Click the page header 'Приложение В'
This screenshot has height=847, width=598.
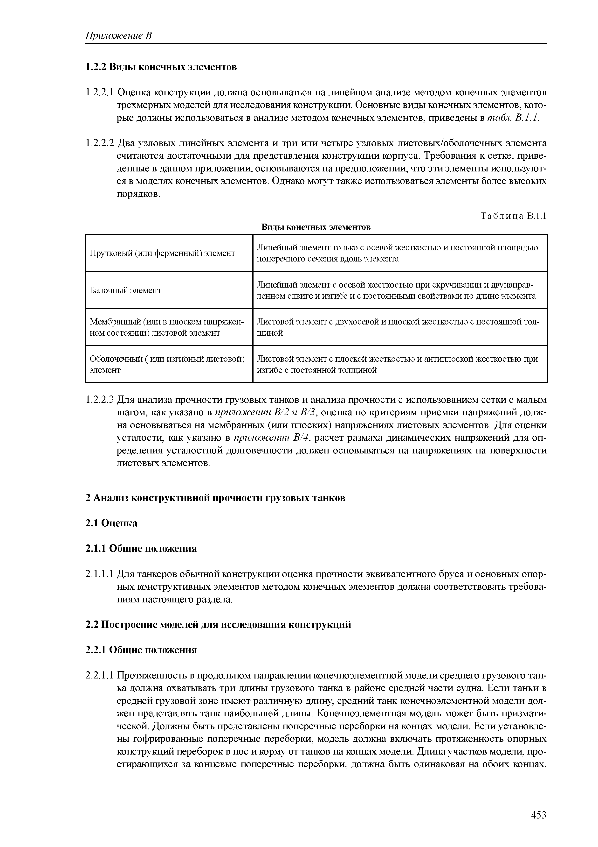[x=119, y=36]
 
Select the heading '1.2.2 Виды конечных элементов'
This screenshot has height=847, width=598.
[x=161, y=67]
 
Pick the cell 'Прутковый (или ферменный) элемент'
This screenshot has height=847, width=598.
[x=163, y=253]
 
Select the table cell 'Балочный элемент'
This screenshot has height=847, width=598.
[x=126, y=290]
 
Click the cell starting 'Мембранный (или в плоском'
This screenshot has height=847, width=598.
[x=167, y=327]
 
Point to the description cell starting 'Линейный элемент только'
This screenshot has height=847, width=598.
[x=397, y=253]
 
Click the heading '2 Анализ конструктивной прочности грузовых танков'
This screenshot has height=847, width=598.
[x=216, y=498]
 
